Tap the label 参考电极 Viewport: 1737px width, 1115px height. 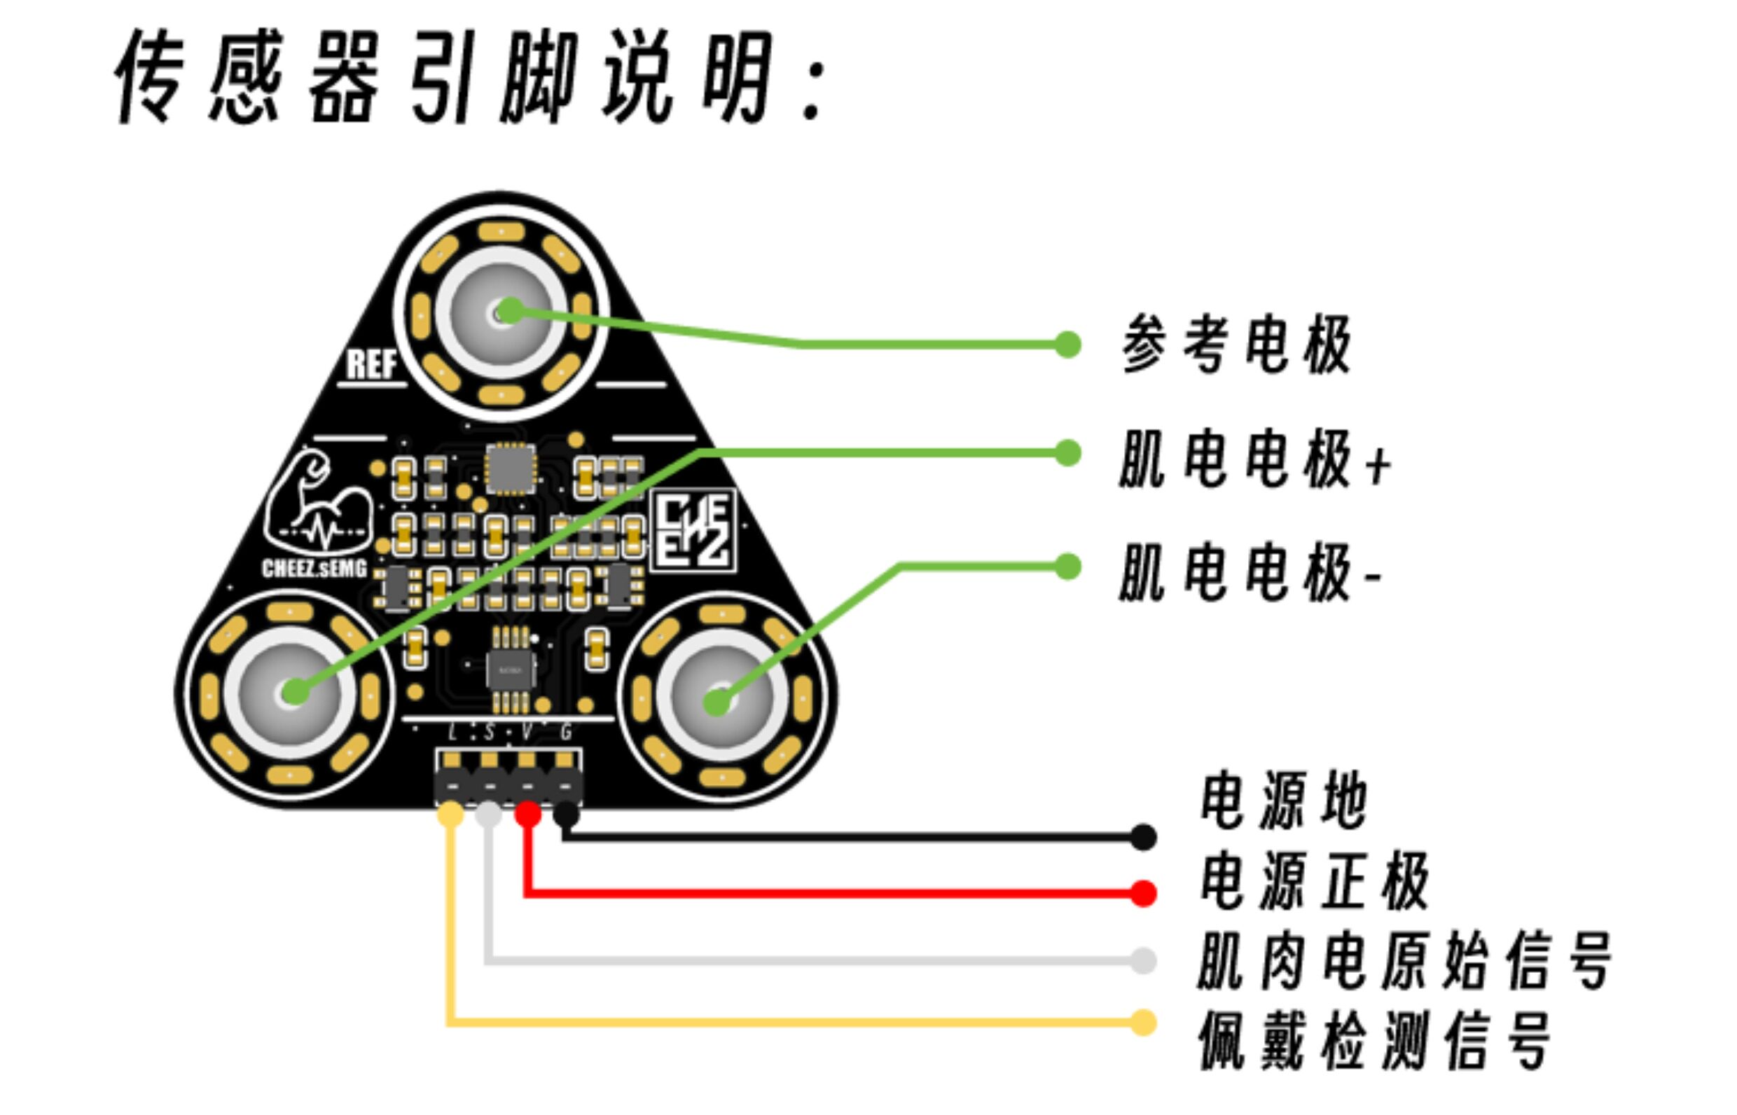(1236, 345)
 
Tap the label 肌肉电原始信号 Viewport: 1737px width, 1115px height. (1405, 961)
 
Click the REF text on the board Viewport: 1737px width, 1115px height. (371, 364)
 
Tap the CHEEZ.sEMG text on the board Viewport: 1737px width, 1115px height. (314, 569)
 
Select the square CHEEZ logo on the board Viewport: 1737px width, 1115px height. (693, 530)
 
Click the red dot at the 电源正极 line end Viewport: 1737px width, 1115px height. (1143, 893)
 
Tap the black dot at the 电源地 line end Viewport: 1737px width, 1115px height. (1143, 837)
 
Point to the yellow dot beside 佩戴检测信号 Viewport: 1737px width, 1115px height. (1143, 1023)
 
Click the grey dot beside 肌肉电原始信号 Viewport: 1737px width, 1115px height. (1143, 961)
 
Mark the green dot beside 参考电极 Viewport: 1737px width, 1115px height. (1067, 345)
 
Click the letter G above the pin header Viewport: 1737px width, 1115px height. (566, 733)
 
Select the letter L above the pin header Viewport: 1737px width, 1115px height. (452, 733)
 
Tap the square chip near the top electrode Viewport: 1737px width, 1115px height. (511, 468)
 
